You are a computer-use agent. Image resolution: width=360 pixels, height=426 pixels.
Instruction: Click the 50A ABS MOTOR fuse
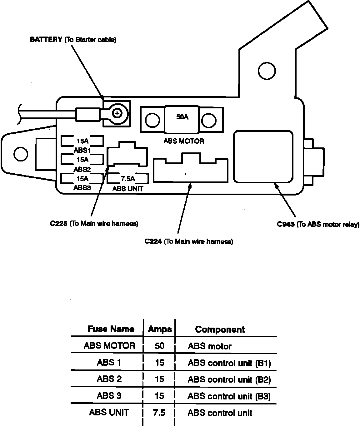(x=182, y=119)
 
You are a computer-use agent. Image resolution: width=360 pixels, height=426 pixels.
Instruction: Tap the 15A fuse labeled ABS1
(x=82, y=141)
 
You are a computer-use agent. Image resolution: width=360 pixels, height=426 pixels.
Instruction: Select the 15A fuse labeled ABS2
(x=82, y=160)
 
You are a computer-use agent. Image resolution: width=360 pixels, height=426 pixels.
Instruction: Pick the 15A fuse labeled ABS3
(x=82, y=178)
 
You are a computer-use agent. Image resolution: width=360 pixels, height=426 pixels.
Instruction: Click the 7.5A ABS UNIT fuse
(x=127, y=178)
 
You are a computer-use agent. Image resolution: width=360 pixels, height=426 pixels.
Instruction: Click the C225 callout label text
(x=94, y=224)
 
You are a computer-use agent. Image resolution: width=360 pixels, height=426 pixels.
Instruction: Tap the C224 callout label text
(x=188, y=241)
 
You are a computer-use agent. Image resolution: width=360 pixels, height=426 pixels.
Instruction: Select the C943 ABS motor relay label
(x=318, y=224)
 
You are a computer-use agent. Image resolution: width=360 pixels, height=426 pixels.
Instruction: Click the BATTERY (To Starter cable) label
(x=73, y=40)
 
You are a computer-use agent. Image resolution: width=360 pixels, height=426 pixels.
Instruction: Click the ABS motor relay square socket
(x=263, y=156)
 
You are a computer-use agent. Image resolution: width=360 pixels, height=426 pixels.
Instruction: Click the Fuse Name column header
(x=111, y=329)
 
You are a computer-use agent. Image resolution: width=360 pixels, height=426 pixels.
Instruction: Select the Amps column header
(x=160, y=329)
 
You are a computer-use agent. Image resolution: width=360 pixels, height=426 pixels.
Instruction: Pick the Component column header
(x=220, y=329)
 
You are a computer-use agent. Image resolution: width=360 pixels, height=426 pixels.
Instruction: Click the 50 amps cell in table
(x=159, y=346)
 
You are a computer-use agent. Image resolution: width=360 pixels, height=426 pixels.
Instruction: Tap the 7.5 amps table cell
(x=159, y=413)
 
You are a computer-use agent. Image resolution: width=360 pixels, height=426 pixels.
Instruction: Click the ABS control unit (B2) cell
(x=229, y=379)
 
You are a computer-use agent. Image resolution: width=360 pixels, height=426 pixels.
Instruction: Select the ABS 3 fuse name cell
(x=109, y=396)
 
